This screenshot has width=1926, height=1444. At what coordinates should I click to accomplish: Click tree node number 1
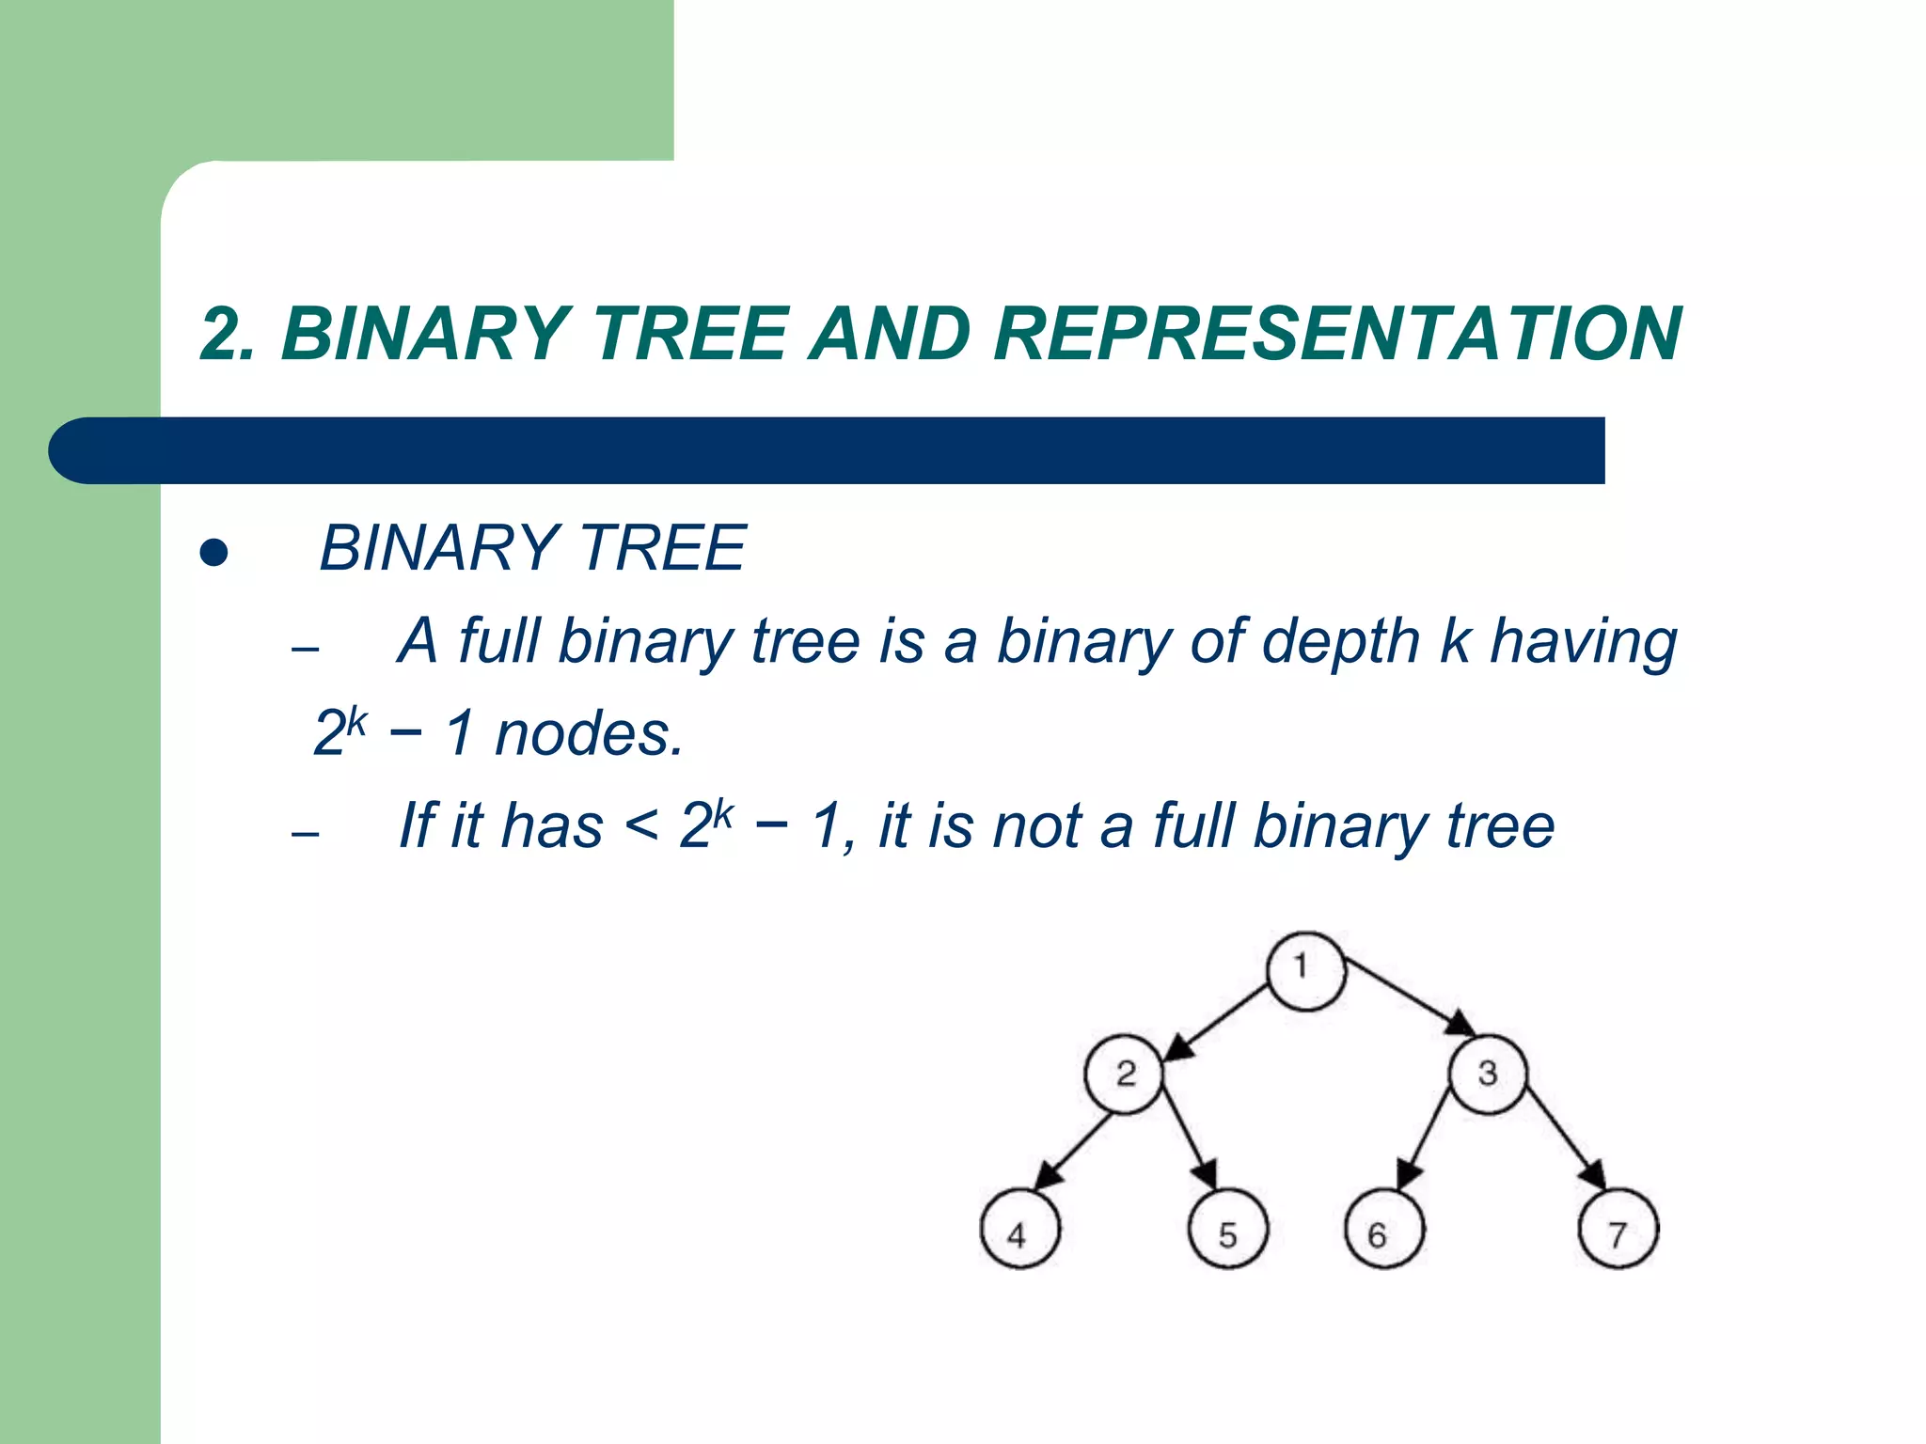coord(1305,971)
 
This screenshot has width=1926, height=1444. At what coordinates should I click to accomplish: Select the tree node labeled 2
coord(1124,1075)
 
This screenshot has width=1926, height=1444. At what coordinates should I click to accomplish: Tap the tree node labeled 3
coord(1487,1075)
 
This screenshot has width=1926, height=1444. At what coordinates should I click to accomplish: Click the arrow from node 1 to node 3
coord(1406,995)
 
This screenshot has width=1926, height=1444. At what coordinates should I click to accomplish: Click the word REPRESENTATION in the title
coord(1336,334)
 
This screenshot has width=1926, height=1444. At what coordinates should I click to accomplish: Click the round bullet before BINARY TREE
coord(214,553)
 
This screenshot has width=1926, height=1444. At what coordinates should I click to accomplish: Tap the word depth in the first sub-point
coord(1340,643)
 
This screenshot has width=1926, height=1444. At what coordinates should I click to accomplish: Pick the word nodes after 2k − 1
coord(588,734)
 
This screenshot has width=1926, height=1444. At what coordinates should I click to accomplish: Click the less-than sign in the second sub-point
coord(641,827)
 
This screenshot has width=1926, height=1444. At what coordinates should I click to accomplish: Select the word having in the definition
coord(1584,643)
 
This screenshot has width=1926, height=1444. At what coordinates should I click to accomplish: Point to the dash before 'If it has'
coord(306,834)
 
